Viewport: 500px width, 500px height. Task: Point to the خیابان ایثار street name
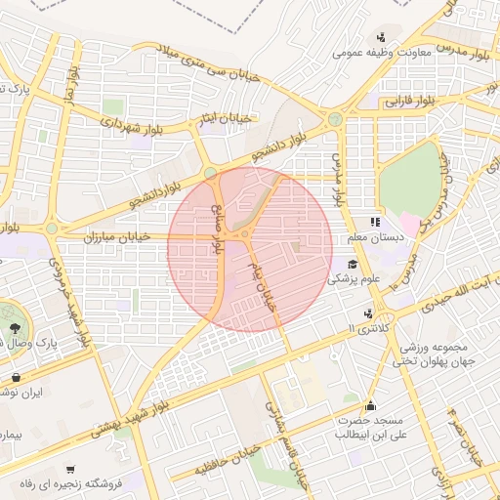pos(226,118)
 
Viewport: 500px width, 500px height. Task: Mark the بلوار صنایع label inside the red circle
pos(219,220)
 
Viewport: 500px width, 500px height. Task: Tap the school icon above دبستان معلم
pos(376,223)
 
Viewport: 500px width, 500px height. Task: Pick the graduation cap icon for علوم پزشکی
pos(352,265)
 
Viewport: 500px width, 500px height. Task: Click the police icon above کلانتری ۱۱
pos(368,313)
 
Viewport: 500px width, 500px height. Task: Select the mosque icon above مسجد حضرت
pos(370,405)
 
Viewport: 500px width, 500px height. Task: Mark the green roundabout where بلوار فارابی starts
pos(335,119)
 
